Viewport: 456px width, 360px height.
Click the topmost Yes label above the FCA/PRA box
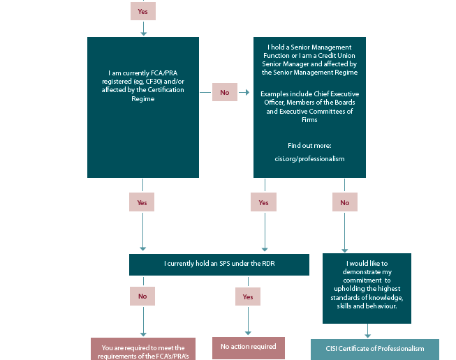pos(142,11)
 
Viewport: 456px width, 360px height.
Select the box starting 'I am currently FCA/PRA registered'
pos(143,107)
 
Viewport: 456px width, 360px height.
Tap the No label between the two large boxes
pos(225,92)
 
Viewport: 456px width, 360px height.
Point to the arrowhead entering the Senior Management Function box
pos(247,92)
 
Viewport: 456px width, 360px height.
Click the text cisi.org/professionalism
pos(309,159)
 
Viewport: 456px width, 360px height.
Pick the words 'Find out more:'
pos(309,146)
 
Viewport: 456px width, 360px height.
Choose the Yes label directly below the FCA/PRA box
pos(142,202)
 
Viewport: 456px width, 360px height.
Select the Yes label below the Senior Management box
pos(263,202)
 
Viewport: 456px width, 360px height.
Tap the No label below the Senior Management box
pos(344,202)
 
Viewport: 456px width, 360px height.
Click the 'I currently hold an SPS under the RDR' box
pos(219,264)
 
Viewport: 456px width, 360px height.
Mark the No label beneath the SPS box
pos(142,296)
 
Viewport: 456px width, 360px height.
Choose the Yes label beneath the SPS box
pos(248,297)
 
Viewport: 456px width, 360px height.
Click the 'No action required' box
pos(249,348)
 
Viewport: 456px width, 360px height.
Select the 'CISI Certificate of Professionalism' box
pos(375,350)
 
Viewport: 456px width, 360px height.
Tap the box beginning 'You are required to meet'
pos(143,349)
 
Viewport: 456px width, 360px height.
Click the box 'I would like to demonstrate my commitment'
pos(367,288)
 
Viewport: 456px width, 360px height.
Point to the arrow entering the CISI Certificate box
pos(367,331)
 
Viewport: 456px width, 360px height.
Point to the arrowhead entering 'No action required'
pos(248,333)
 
